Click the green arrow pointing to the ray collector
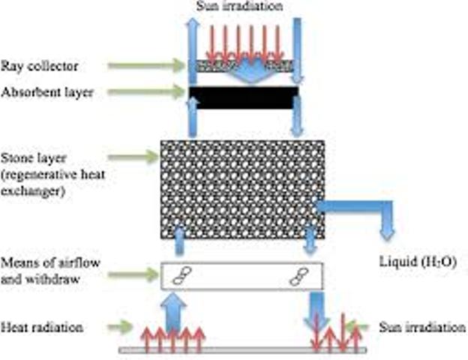146,67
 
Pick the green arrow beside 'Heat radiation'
120,328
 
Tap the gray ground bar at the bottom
243,350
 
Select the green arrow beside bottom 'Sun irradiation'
362,327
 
